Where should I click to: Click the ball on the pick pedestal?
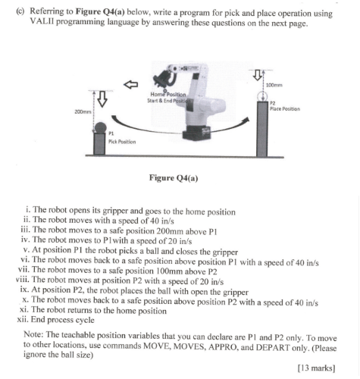point(100,128)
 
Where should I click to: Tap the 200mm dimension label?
point(83,111)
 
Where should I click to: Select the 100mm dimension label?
point(274,85)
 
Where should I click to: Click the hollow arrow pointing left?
point(130,84)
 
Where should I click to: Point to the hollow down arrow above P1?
point(102,99)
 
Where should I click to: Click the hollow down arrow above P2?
point(257,75)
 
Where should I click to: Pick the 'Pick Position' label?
point(122,142)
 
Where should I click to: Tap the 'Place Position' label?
point(285,109)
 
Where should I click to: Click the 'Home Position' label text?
point(168,95)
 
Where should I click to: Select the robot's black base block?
point(196,133)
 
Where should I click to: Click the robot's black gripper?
point(163,78)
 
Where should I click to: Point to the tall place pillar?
point(262,129)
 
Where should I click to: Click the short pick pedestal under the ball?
point(99,144)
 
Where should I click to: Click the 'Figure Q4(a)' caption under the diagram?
point(174,178)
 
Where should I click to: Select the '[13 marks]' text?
point(317,368)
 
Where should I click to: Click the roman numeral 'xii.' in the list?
point(23,320)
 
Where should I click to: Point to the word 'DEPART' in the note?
point(273,347)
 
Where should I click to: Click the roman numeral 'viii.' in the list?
point(23,280)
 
